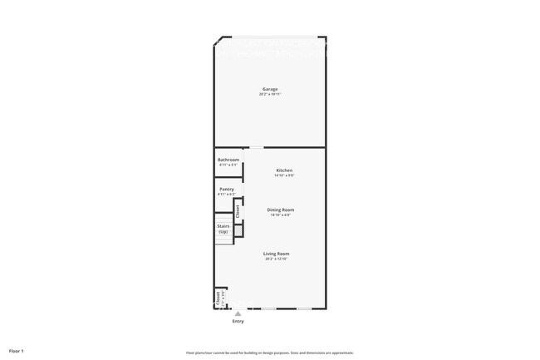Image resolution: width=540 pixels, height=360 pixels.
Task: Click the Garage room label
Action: pyautogui.click(x=270, y=89)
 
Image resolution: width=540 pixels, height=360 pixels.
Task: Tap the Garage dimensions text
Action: pyautogui.click(x=270, y=94)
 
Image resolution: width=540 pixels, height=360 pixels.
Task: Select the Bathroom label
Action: pyautogui.click(x=228, y=160)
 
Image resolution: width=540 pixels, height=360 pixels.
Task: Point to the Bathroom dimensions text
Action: pyautogui.click(x=228, y=165)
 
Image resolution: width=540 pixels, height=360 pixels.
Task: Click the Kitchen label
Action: pyautogui.click(x=284, y=170)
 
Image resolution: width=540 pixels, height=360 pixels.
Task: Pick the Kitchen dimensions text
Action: pyautogui.click(x=284, y=175)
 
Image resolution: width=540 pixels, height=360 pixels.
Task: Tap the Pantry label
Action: pyautogui.click(x=226, y=190)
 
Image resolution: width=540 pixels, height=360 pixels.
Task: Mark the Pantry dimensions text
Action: pyautogui.click(x=226, y=195)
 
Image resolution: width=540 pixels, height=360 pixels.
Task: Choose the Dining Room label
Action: pyautogui.click(x=280, y=210)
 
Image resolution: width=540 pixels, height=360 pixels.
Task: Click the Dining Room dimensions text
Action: pyautogui.click(x=280, y=215)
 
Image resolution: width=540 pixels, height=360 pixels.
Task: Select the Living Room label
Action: pyautogui.click(x=276, y=254)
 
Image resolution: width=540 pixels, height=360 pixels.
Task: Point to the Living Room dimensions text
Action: pyautogui.click(x=276, y=259)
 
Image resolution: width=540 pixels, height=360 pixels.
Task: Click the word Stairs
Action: pyautogui.click(x=223, y=225)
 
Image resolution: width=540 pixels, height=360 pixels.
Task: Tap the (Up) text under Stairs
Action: pyautogui.click(x=223, y=231)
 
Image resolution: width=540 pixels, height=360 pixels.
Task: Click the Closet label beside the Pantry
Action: pyautogui.click(x=238, y=211)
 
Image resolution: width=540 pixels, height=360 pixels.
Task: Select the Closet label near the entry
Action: pyautogui.click(x=218, y=298)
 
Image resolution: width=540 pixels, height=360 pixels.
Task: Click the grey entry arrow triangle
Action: pyautogui.click(x=238, y=313)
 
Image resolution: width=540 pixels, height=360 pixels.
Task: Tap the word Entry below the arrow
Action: pyautogui.click(x=238, y=321)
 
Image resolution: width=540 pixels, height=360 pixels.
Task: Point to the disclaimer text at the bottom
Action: pyautogui.click(x=270, y=353)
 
